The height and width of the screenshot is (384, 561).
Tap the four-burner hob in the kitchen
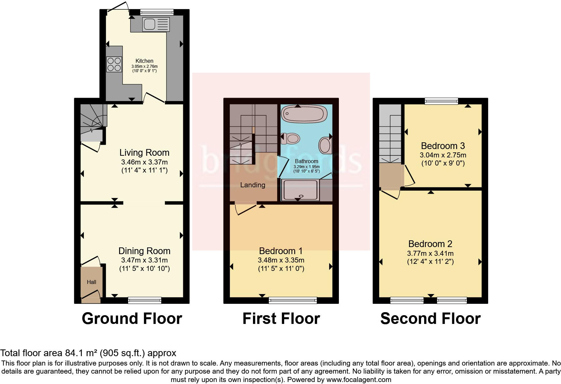pyautogui.click(x=114, y=64)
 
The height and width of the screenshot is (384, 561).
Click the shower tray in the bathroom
pyautogui.click(x=301, y=190)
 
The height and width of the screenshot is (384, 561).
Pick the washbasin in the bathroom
pyautogui.click(x=324, y=145)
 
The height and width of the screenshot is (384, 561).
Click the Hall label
pyautogui.click(x=92, y=282)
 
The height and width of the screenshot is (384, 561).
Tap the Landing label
pyautogui.click(x=253, y=185)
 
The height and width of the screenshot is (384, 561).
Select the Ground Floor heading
pyautogui.click(x=132, y=318)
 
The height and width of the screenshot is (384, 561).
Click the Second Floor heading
pyautogui.click(x=430, y=318)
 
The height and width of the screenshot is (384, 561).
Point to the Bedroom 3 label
pyautogui.click(x=443, y=146)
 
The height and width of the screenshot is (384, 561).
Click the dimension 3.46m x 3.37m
pyautogui.click(x=144, y=162)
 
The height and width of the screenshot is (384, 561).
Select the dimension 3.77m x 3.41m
pyautogui.click(x=430, y=253)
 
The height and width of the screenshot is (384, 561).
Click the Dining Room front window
pyautogui.click(x=145, y=300)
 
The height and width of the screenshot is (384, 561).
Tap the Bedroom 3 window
pyautogui.click(x=441, y=101)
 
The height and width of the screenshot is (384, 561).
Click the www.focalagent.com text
pyautogui.click(x=359, y=380)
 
